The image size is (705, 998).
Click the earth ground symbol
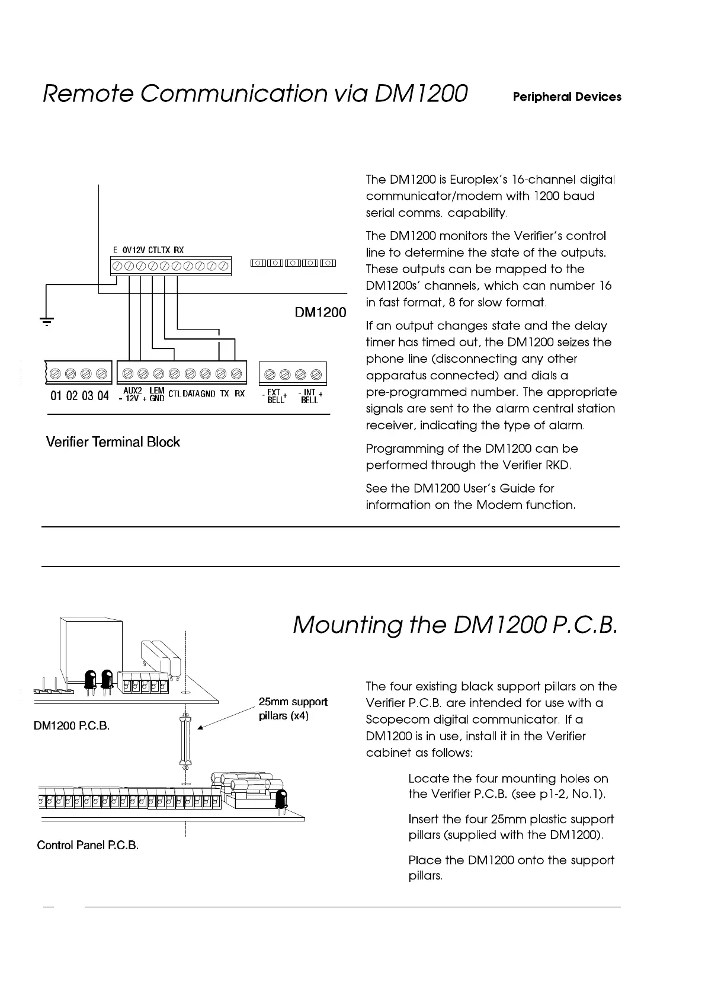point(46,322)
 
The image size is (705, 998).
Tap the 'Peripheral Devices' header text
point(567,97)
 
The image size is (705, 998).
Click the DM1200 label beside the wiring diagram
point(321,312)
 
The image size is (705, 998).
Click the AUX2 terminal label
point(133,391)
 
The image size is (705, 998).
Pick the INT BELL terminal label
point(310,396)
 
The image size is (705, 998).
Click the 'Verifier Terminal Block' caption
point(113,442)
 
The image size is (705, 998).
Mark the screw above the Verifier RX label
point(237,374)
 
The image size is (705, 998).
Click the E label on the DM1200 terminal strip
point(115,250)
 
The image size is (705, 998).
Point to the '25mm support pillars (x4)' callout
point(293,709)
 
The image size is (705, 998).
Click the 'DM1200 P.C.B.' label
point(72,726)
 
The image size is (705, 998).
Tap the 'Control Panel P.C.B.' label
point(88,845)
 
